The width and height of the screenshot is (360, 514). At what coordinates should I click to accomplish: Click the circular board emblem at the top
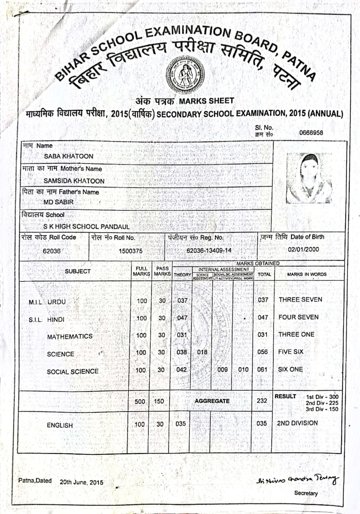(x=185, y=74)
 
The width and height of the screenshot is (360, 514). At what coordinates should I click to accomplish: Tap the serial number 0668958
(x=311, y=133)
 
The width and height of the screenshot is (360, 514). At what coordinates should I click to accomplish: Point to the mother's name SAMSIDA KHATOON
(x=74, y=181)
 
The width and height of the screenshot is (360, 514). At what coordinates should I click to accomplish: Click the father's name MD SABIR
(x=59, y=202)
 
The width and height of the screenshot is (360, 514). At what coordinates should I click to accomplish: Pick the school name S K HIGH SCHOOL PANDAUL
(x=86, y=226)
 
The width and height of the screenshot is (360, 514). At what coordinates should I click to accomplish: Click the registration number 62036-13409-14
(x=209, y=251)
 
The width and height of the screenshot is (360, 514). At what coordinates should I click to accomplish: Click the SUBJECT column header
(x=78, y=271)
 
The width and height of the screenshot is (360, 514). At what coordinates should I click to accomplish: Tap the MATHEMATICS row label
(x=70, y=337)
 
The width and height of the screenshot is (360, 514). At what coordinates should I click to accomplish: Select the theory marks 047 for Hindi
(x=182, y=318)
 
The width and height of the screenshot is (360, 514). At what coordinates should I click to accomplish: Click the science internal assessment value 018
(x=202, y=352)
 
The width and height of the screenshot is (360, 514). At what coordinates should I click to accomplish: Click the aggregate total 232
(x=262, y=400)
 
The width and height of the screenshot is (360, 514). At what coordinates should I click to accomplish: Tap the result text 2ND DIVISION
(x=297, y=423)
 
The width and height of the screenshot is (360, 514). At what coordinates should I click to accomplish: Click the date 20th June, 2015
(x=81, y=482)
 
